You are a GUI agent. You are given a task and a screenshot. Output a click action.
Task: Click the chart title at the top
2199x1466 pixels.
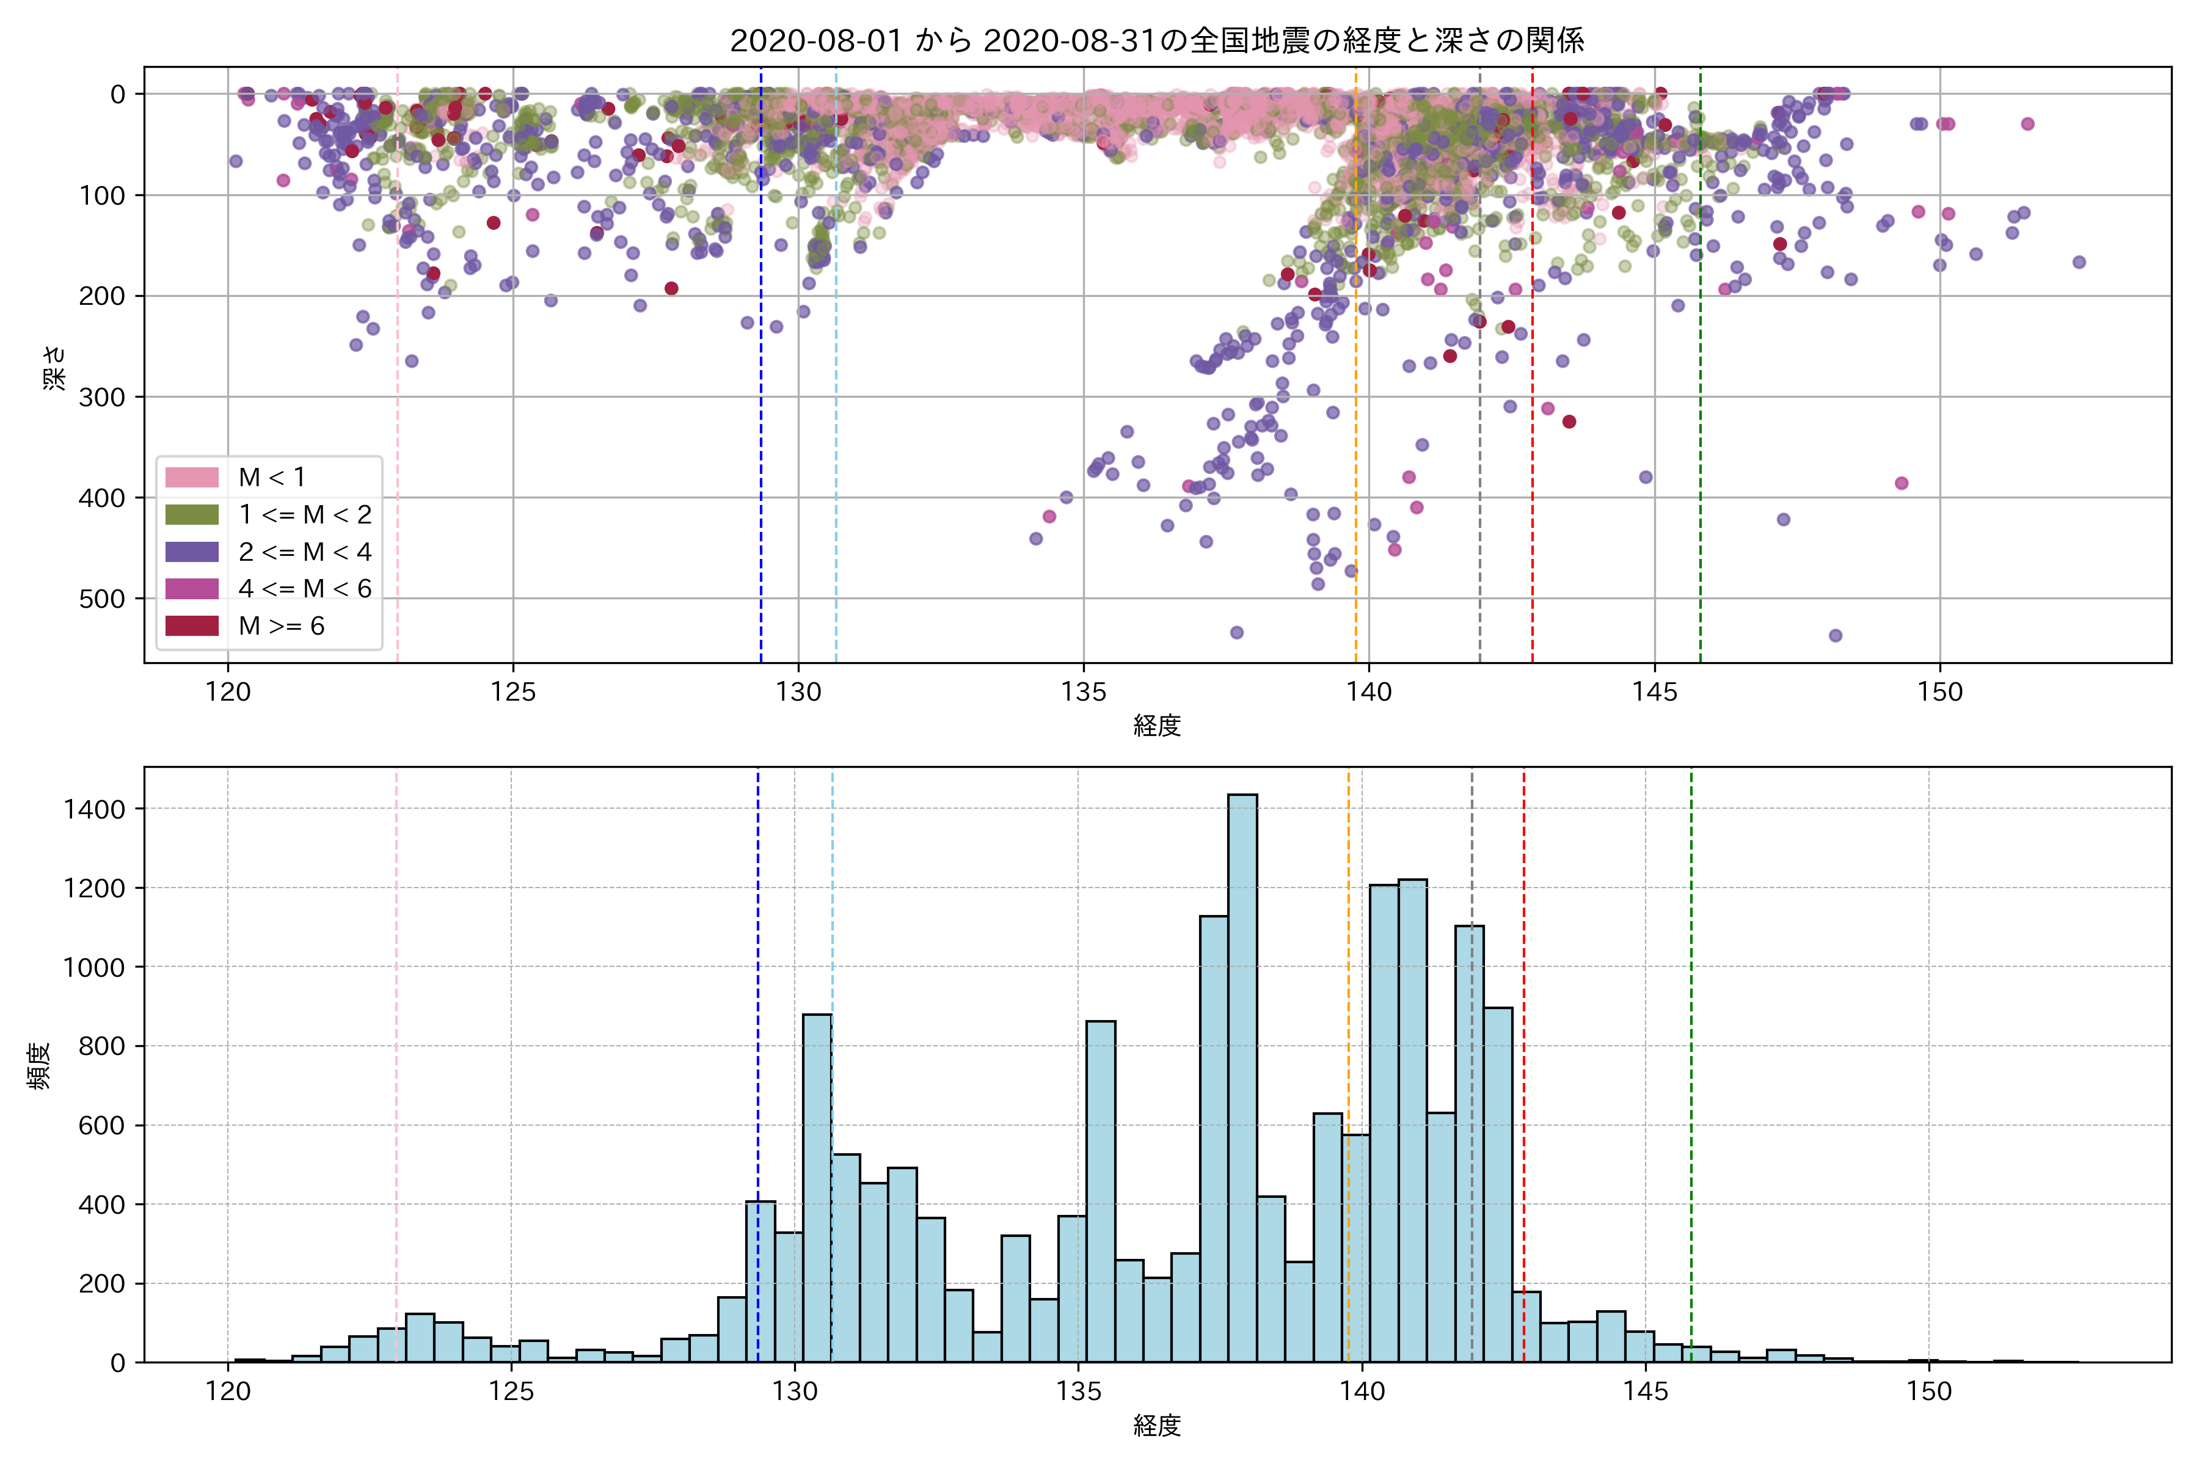coord(1156,40)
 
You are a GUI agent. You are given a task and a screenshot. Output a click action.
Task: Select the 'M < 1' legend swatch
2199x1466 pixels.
coord(192,477)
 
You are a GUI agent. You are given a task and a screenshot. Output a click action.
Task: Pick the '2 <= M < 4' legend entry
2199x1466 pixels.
coord(304,552)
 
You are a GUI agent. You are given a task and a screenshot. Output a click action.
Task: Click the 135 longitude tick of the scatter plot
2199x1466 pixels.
coord(1084,692)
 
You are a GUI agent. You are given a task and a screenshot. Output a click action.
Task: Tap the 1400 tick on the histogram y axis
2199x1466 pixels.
coord(93,809)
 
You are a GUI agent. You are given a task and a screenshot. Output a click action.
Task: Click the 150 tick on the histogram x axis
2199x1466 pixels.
coord(1929,1391)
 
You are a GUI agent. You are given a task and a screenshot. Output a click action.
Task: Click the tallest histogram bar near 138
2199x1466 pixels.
coord(1242,1075)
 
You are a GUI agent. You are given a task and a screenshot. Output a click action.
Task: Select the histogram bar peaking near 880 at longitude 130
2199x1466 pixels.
coord(817,1187)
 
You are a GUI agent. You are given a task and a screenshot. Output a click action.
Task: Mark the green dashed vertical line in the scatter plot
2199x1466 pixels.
coord(1700,374)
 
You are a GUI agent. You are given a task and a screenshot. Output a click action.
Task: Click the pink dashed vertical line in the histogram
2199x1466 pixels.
coord(396,1029)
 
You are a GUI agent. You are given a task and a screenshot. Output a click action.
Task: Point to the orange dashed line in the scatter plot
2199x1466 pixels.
coord(1355,374)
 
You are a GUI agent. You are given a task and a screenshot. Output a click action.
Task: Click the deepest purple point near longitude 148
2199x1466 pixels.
coord(1836,636)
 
